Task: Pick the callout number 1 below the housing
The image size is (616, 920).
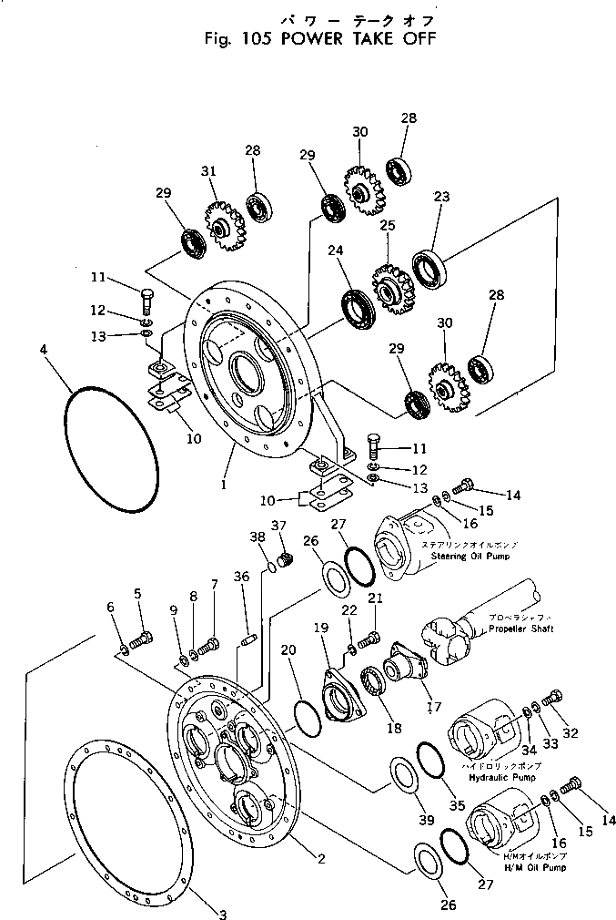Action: click(223, 485)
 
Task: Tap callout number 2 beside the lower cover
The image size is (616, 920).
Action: click(320, 859)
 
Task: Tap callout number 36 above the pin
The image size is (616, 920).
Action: click(239, 578)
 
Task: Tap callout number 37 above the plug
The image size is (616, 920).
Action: click(278, 526)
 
